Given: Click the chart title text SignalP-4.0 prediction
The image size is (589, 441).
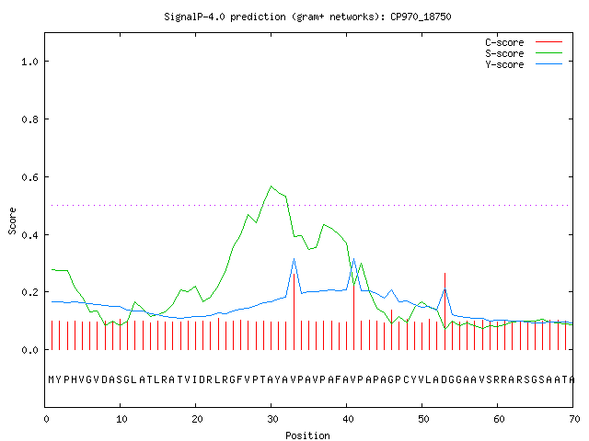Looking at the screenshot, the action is click(225, 17).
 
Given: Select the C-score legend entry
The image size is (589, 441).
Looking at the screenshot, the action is click(524, 42).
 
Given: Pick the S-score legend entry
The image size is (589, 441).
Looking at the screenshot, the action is click(524, 53).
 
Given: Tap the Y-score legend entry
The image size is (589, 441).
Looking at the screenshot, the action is click(524, 64).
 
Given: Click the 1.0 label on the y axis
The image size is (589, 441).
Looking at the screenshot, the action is click(29, 62).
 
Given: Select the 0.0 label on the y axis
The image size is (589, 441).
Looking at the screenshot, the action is click(29, 350).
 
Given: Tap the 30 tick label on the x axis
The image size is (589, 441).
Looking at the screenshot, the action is click(272, 419).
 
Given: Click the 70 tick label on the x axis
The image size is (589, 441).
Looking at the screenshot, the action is click(574, 419).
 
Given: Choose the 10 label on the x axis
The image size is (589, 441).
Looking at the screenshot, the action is click(121, 419).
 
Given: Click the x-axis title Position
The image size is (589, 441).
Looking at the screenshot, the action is click(307, 435).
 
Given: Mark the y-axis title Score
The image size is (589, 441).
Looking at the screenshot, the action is click(12, 221).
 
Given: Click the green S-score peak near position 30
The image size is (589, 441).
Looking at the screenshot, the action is click(271, 186).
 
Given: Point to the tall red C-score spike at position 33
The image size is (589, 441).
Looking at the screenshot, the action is click(294, 311).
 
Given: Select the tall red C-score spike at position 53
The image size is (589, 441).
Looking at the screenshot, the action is click(445, 311).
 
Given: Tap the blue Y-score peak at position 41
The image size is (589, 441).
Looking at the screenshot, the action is click(353, 259).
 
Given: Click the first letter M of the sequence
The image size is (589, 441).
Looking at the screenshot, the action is click(52, 379).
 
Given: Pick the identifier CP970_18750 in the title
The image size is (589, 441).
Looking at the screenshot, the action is click(421, 17).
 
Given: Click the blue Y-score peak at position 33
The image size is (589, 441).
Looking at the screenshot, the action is click(294, 258).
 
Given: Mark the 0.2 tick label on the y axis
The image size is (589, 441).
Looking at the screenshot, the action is click(29, 292).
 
